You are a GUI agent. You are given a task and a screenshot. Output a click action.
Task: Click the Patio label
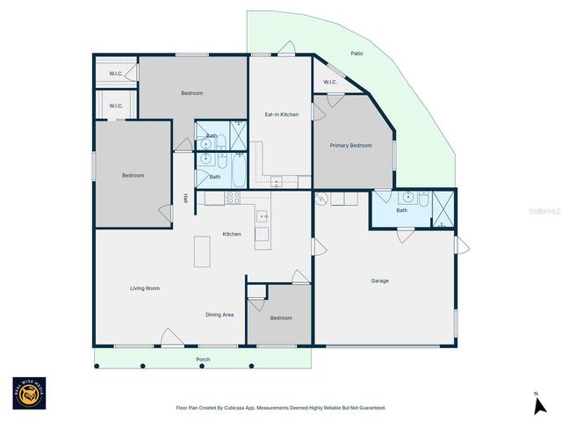357,54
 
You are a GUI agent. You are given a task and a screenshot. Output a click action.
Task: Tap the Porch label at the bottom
203,359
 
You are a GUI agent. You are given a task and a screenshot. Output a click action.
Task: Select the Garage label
379,281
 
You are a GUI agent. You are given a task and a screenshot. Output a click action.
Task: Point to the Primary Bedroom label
350,146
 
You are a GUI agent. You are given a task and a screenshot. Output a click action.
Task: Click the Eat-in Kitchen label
282,114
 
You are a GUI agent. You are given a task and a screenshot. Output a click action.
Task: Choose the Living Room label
145,288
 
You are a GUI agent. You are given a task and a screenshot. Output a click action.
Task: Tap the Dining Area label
220,314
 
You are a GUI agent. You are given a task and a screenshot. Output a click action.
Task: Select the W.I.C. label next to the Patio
330,83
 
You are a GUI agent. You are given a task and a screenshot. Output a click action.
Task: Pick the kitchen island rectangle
203,251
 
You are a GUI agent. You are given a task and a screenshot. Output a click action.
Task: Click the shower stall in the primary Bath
445,209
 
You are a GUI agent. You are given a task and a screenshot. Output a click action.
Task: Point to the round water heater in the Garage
322,199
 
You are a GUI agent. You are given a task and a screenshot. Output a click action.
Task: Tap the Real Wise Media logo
29,395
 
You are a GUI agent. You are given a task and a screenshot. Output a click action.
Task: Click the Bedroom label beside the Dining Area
281,317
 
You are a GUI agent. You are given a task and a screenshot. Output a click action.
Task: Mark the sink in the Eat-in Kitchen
276,183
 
